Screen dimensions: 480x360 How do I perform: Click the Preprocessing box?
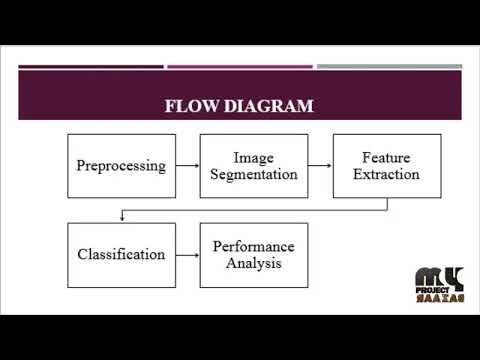point(121,166)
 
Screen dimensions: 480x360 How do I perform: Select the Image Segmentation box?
point(253,166)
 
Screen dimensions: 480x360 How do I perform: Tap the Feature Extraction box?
point(386,166)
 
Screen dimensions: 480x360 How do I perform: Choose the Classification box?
point(121,254)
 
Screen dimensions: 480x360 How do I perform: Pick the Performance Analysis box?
point(253,254)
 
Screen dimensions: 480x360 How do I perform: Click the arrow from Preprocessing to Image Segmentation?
point(187,166)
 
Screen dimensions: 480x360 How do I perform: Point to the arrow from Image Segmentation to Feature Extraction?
point(320,166)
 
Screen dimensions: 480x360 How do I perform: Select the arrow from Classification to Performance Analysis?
point(187,254)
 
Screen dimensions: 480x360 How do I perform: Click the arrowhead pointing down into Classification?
point(121,217)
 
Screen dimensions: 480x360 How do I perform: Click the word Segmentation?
point(253,175)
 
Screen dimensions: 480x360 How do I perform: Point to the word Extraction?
point(386,175)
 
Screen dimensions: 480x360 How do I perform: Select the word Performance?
point(253,246)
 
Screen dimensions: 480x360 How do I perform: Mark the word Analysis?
point(253,263)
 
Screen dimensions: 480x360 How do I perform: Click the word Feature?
point(386,158)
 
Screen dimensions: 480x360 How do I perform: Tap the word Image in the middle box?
point(253,158)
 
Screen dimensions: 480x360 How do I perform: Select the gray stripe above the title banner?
point(389,67)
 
